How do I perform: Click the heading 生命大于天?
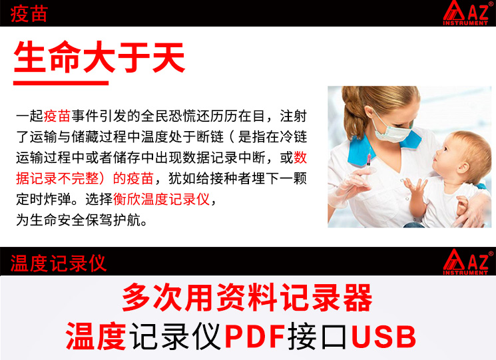pos(99,57)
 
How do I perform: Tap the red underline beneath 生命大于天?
pos(61,83)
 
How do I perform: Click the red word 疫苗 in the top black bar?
pos(29,14)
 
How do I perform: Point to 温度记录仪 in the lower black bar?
pos(58,264)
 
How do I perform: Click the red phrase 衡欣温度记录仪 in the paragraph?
pos(161,199)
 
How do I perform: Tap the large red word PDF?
pos(254,336)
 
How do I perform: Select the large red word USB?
pos(383,336)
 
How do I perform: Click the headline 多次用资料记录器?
pos(247,297)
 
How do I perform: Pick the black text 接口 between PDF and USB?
pos(318,336)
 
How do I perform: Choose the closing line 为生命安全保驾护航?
pos(82,220)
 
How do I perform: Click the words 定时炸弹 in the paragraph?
pos(44,199)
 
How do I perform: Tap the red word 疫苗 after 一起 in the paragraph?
pos(57,116)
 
